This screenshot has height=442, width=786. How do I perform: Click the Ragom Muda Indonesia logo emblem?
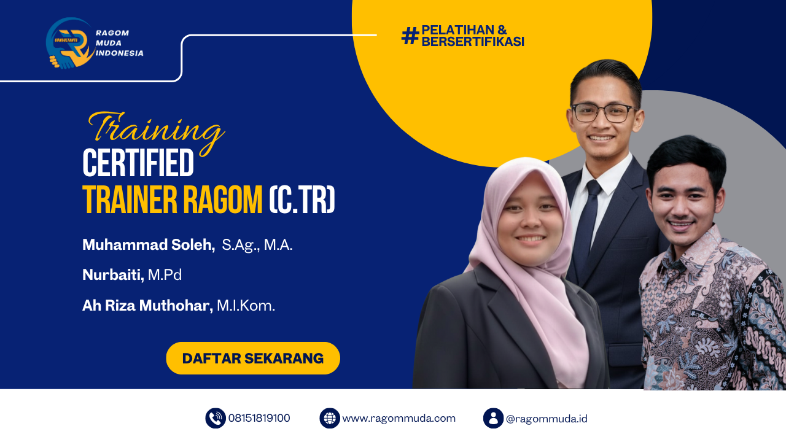69,43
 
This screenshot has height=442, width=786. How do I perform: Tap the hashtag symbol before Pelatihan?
410,36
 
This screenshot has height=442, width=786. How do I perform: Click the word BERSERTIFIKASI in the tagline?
472,42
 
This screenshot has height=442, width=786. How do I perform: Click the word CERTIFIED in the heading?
138,164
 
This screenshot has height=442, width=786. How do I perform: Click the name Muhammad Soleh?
148,245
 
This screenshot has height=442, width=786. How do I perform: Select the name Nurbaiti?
113,275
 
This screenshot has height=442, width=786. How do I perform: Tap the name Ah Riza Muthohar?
147,305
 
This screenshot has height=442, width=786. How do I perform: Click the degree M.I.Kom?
246,305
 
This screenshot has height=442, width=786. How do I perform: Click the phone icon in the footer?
216,418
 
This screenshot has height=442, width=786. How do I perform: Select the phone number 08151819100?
259,418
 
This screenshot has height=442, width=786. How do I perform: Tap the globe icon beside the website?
330,418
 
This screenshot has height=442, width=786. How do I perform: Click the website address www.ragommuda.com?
399,418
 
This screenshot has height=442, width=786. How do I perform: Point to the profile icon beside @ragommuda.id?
493,418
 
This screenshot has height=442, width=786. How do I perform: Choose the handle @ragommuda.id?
547,419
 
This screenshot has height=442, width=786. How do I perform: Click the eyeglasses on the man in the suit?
602,113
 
